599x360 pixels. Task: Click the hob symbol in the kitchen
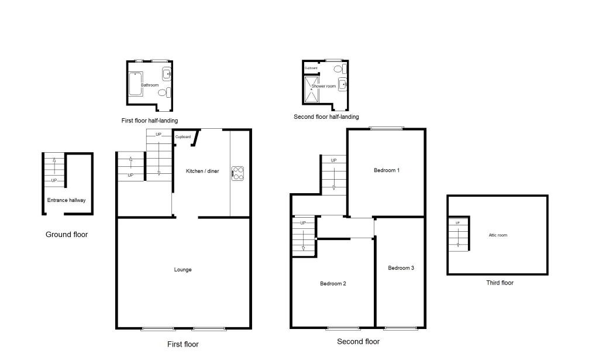[x=237, y=173]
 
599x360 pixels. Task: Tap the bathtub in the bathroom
[x=135, y=84]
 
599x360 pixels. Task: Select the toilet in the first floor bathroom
[x=164, y=92]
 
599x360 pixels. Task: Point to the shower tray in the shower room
[x=311, y=90]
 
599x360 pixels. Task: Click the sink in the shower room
[x=342, y=84]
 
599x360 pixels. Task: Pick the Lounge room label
[x=183, y=269]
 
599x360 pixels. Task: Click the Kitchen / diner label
[x=202, y=171]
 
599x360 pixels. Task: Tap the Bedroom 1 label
[x=387, y=170]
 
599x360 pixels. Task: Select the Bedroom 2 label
[x=333, y=283]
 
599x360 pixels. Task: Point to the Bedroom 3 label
[x=401, y=268]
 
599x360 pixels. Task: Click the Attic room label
[x=498, y=235]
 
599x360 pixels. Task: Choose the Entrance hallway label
[x=67, y=200]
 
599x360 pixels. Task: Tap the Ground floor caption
[x=67, y=235]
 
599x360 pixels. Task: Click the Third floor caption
[x=500, y=283]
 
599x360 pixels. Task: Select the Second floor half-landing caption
[x=326, y=116]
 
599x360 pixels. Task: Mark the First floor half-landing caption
[x=150, y=121]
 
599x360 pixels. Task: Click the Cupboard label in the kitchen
[x=183, y=136]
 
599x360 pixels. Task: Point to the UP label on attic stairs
[x=457, y=222]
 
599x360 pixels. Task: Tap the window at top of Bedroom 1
[x=387, y=128]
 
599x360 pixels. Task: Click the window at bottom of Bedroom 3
[x=401, y=328]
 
